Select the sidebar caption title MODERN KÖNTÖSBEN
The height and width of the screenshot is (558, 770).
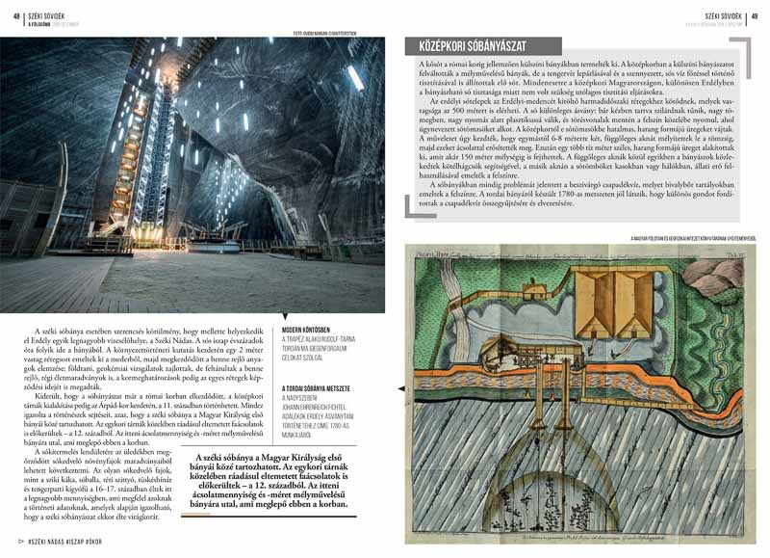[x=306, y=329]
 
